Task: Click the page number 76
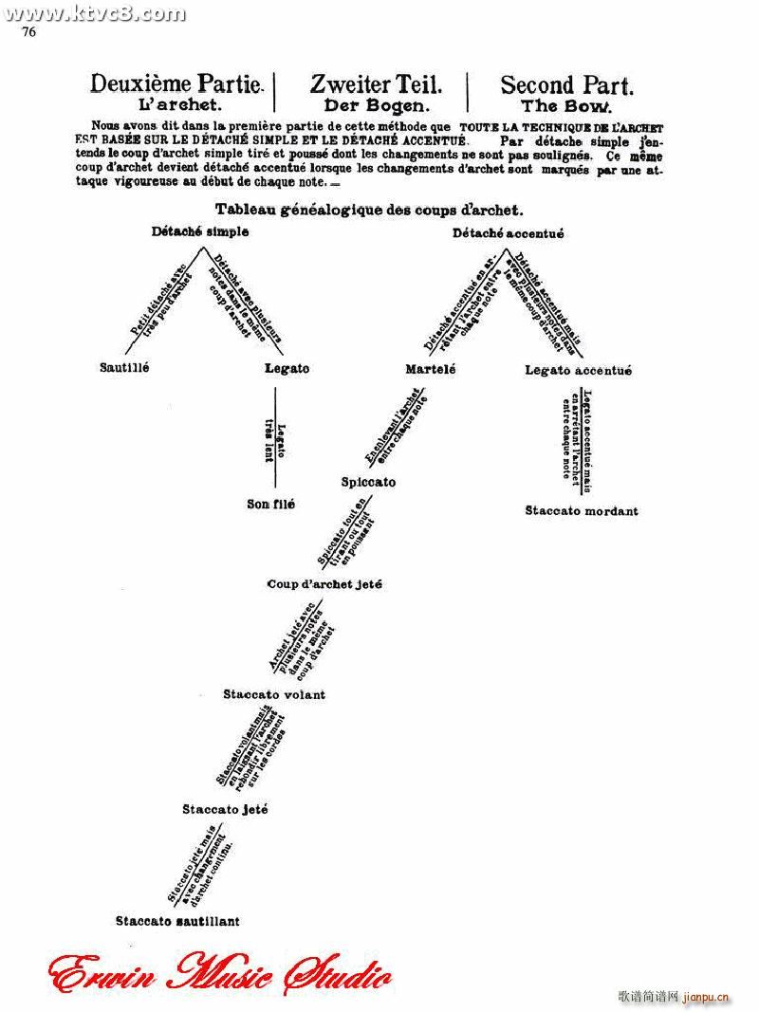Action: click(x=28, y=31)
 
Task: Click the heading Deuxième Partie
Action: click(x=176, y=84)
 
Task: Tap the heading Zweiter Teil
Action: click(x=370, y=84)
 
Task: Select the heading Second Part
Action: click(x=566, y=85)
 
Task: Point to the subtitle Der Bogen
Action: click(x=370, y=106)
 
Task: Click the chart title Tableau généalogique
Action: click(x=369, y=210)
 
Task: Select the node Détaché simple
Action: click(x=200, y=231)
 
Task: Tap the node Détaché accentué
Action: click(x=508, y=233)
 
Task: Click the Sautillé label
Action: click(x=124, y=367)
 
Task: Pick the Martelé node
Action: click(x=430, y=369)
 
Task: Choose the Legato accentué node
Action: click(x=578, y=371)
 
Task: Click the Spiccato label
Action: click(x=368, y=482)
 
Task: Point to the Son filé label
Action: click(x=270, y=505)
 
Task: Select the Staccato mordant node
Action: click(x=582, y=511)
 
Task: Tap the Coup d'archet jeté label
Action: click(x=324, y=584)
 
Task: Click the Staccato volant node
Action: click(x=274, y=694)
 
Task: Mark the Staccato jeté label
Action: click(x=225, y=809)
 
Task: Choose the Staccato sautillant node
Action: click(x=177, y=920)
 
